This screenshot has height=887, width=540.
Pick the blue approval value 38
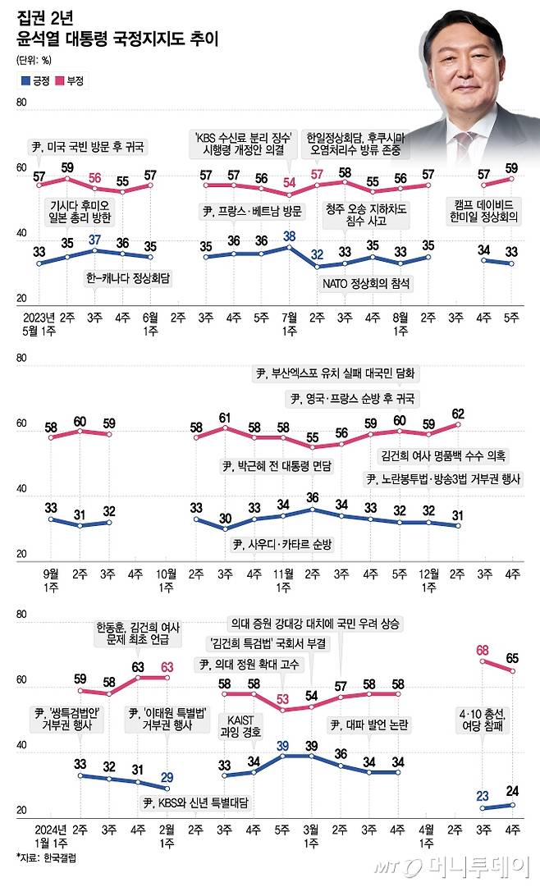point(289,235)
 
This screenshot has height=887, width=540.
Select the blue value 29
point(167,777)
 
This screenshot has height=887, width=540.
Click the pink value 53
point(283,697)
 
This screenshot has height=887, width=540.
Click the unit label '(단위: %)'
point(34,59)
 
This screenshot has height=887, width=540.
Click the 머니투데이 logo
point(455,868)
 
